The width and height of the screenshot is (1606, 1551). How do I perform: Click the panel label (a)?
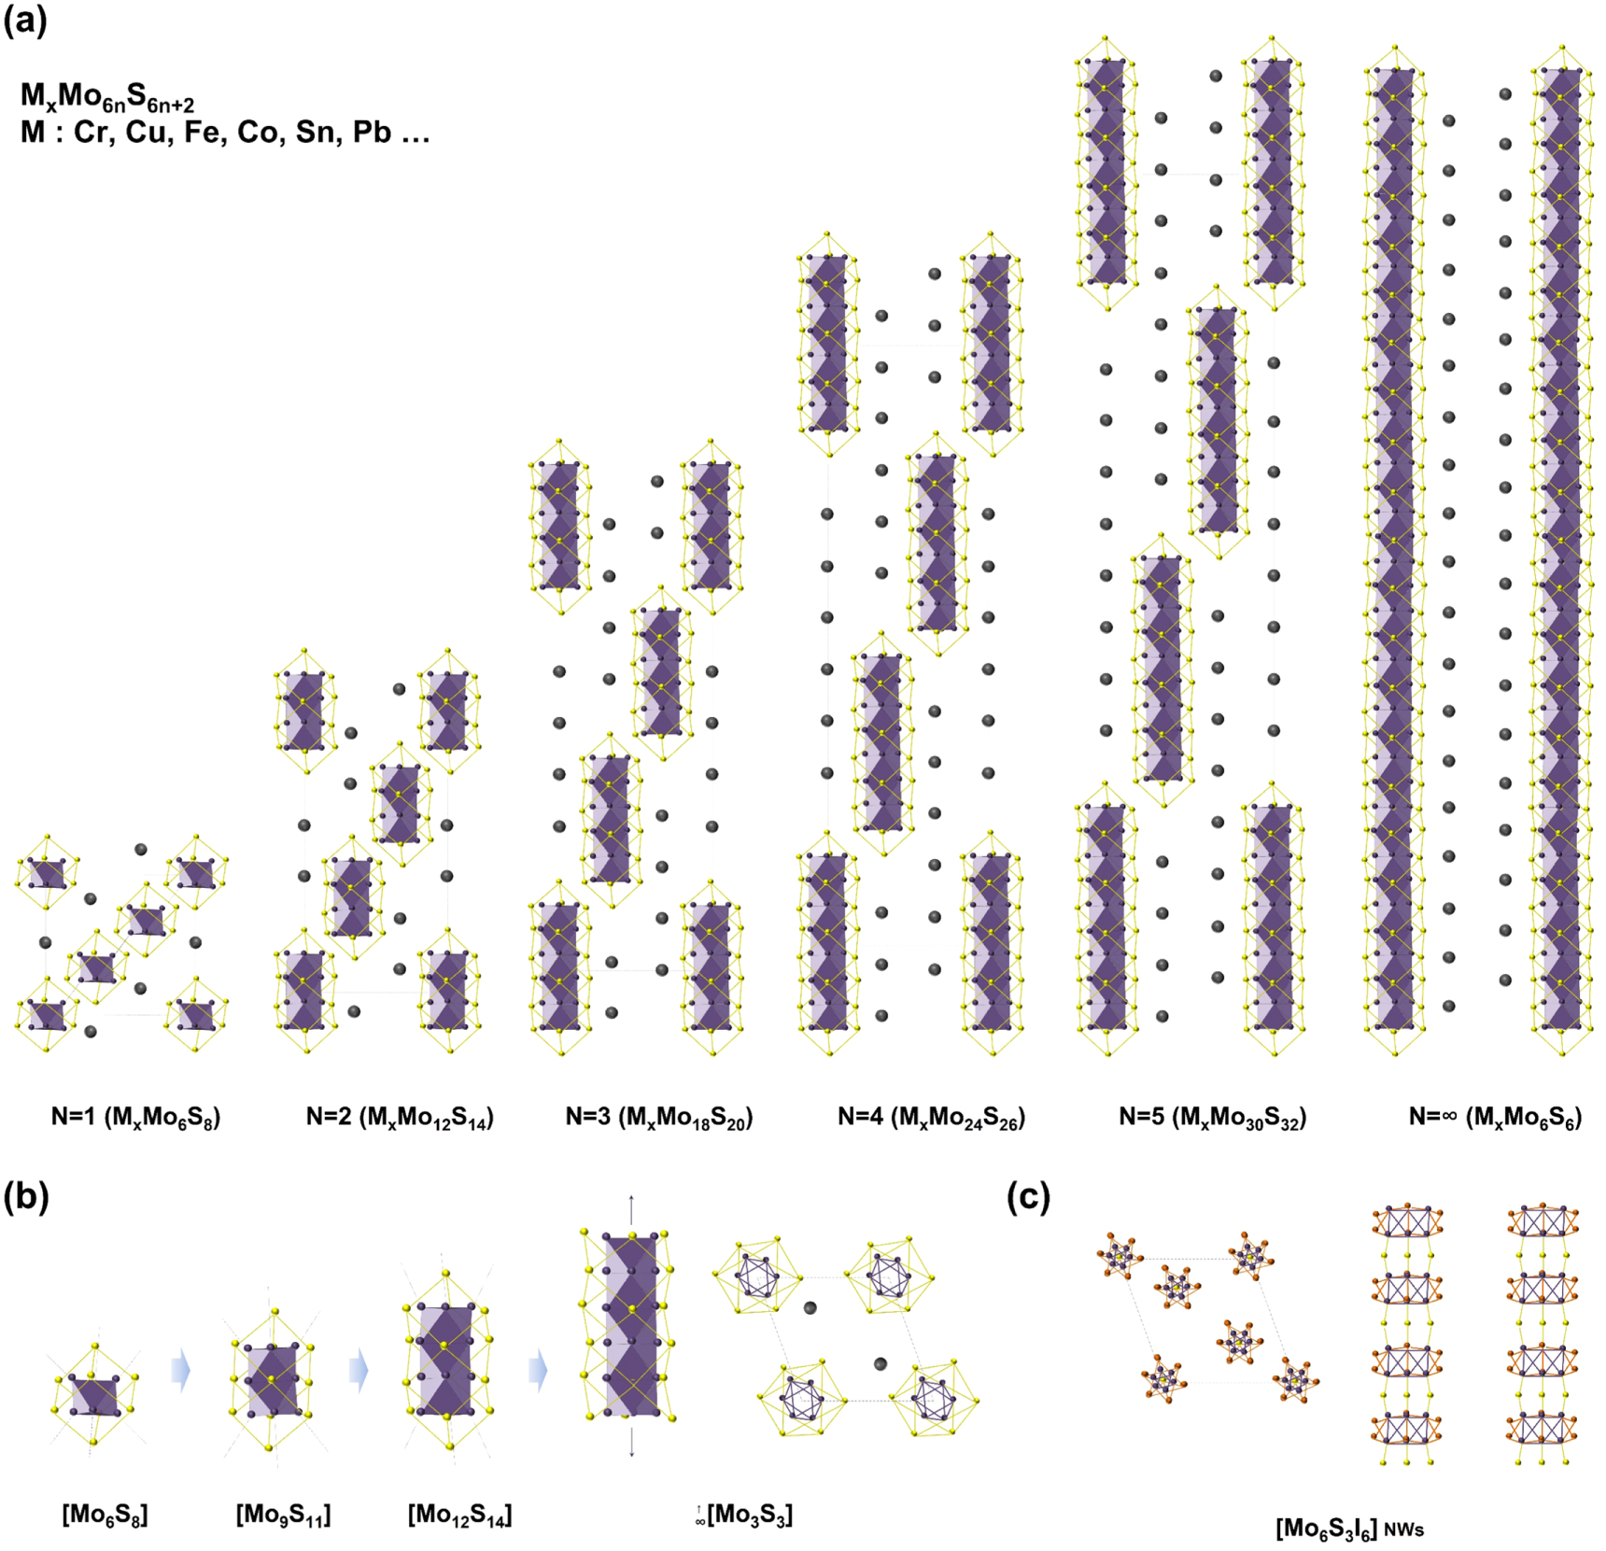coord(25,21)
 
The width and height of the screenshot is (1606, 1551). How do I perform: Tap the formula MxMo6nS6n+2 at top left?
coord(107,96)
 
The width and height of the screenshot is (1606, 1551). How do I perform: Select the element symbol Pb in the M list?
coord(372,133)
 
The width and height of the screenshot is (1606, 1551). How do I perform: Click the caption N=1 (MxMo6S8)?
coord(135,1117)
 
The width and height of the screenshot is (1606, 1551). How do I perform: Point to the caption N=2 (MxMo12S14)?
coord(400,1117)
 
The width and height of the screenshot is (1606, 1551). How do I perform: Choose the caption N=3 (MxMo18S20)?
coord(659,1117)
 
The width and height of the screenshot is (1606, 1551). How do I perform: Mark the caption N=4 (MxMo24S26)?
coord(931,1117)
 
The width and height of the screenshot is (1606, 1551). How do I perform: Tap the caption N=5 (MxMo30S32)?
coord(1212,1117)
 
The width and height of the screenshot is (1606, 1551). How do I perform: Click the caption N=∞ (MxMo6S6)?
coord(1495,1117)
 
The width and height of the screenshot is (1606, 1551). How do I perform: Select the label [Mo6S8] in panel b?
coord(105,1514)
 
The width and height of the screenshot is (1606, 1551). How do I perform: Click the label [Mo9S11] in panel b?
coord(283,1514)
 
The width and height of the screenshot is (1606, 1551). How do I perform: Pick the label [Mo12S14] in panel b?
coord(459,1514)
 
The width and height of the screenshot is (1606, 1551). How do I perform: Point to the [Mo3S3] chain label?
coord(745,1514)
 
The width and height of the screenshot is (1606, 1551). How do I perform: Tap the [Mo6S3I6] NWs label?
coord(1349,1529)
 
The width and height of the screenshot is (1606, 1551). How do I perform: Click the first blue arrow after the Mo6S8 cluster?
coord(180,1371)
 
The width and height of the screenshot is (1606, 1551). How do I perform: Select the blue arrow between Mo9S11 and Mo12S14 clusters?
coord(359,1371)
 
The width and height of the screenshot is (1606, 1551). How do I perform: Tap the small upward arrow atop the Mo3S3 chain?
coord(631,1209)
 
